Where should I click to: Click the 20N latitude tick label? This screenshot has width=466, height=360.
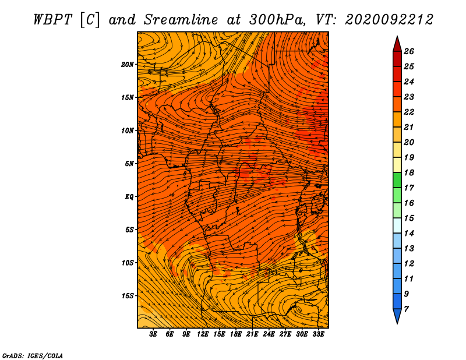pos(127,65)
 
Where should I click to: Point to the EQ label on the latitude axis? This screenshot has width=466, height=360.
pos(129,197)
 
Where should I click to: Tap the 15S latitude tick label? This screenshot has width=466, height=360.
pos(128,296)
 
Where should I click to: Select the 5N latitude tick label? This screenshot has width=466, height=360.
pos(129,164)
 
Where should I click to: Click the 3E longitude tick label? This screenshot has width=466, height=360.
pos(153,334)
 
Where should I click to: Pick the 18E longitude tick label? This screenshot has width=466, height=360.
pos(236,334)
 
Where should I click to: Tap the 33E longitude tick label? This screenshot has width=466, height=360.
pos(318,334)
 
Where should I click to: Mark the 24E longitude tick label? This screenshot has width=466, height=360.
pos(269,334)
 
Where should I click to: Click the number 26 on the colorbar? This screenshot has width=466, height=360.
pos(409,51)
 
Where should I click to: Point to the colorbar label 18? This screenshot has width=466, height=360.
pos(409,172)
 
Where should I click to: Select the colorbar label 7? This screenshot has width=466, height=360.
pos(406,309)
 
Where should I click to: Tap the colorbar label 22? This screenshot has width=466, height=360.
pos(409,112)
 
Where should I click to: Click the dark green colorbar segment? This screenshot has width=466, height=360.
pos(397,180)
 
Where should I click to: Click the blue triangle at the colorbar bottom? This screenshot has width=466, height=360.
pos(397,316)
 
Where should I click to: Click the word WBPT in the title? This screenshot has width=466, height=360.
pos(52,20)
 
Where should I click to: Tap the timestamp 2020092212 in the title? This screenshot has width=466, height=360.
pos(389,20)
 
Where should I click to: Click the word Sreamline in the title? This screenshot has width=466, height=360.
pos(181,20)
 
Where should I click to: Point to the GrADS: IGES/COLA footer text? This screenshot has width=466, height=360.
pos(33,356)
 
